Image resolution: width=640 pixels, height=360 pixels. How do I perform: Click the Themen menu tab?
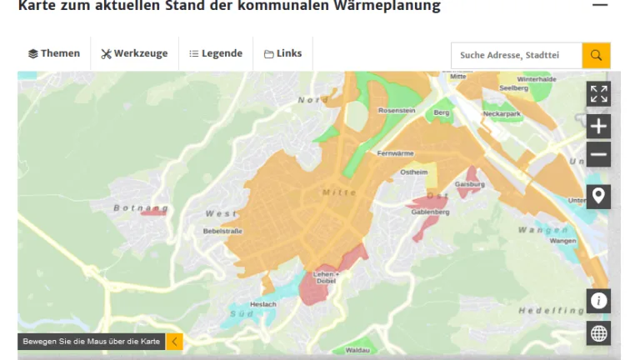coord(54,53)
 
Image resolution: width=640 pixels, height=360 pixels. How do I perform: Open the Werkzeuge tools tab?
coord(134,53)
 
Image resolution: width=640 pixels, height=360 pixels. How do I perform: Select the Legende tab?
coord(216,53)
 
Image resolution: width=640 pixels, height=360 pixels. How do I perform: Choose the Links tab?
coord(282,53)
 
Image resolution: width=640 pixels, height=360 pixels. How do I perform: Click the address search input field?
coord(517,55)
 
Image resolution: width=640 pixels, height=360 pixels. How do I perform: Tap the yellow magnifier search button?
coord(596,55)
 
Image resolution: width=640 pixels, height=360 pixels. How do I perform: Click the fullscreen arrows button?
coord(598,94)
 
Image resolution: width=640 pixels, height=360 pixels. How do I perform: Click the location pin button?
coord(598,197)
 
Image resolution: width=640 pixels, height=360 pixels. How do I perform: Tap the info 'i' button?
coord(598,301)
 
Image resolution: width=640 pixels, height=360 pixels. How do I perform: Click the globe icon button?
coord(598,333)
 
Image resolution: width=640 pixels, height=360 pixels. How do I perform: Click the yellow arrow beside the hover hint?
coord(174,341)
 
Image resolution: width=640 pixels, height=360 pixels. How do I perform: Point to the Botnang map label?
coord(141,207)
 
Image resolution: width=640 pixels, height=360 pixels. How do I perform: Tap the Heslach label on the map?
coord(263,304)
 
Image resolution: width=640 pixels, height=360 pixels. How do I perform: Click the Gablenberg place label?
coord(430,212)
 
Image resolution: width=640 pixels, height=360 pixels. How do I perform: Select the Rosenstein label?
coord(396,110)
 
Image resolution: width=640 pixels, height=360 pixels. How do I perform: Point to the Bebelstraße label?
coord(222,231)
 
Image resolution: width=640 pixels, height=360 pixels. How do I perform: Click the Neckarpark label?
coord(502,112)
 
